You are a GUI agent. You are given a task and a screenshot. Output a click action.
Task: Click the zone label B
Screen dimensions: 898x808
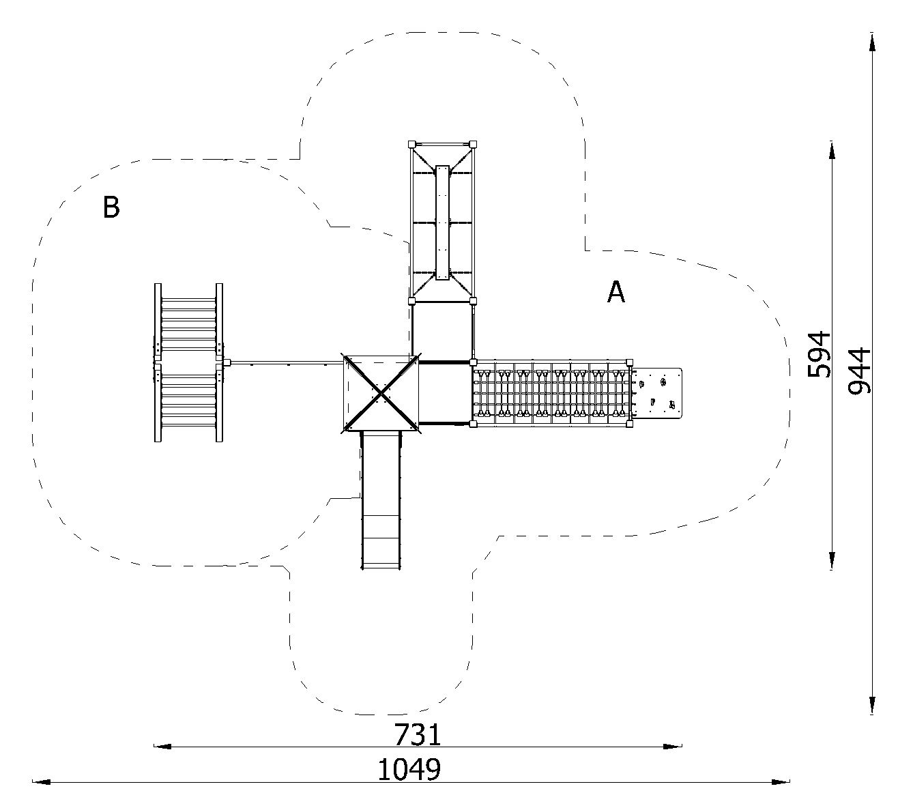[x=111, y=207]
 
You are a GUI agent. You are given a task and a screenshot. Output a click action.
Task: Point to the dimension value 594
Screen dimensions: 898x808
[x=819, y=354]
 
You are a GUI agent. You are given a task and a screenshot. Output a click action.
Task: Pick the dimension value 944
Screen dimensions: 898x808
[x=860, y=371]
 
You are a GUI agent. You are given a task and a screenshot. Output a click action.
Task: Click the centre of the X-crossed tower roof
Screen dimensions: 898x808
[x=381, y=394]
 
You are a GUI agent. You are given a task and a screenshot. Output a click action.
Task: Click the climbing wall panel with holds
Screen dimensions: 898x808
[x=657, y=393]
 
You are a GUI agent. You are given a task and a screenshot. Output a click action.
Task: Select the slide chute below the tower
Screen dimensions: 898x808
[x=381, y=500]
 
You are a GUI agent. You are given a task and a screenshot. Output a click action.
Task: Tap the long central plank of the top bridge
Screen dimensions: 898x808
[x=442, y=222]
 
